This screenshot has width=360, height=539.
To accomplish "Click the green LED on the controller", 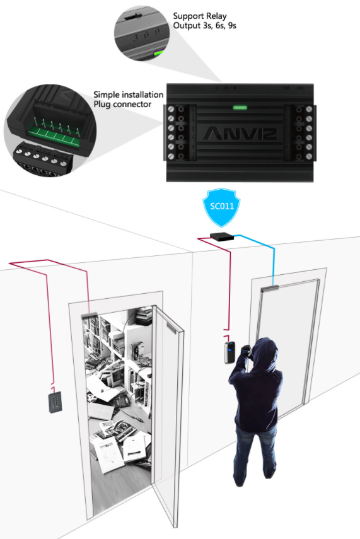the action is click(x=240, y=108).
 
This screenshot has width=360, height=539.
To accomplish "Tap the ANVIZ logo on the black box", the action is click(x=241, y=134).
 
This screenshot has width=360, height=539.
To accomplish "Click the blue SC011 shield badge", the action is click(x=222, y=207).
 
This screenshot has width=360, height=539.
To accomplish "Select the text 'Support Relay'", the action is click(x=200, y=16).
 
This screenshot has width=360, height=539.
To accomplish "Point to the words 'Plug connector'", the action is click(x=122, y=104).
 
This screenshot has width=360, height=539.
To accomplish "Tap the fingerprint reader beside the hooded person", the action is click(x=229, y=352).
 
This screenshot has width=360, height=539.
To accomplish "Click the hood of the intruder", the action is click(x=265, y=351).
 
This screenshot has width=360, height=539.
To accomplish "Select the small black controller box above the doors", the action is click(x=222, y=237).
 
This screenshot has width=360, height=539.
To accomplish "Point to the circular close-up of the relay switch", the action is click(x=142, y=33).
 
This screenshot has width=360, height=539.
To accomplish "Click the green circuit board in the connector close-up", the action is click(x=55, y=132).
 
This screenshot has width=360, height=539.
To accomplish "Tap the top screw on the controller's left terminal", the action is click(x=171, y=109).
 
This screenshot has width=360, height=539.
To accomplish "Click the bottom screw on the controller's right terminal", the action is click(x=309, y=157).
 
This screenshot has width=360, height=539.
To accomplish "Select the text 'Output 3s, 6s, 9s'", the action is click(x=204, y=26).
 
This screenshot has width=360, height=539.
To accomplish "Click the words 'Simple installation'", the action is click(x=128, y=95).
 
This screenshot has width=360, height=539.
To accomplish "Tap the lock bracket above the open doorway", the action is click(x=89, y=315).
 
